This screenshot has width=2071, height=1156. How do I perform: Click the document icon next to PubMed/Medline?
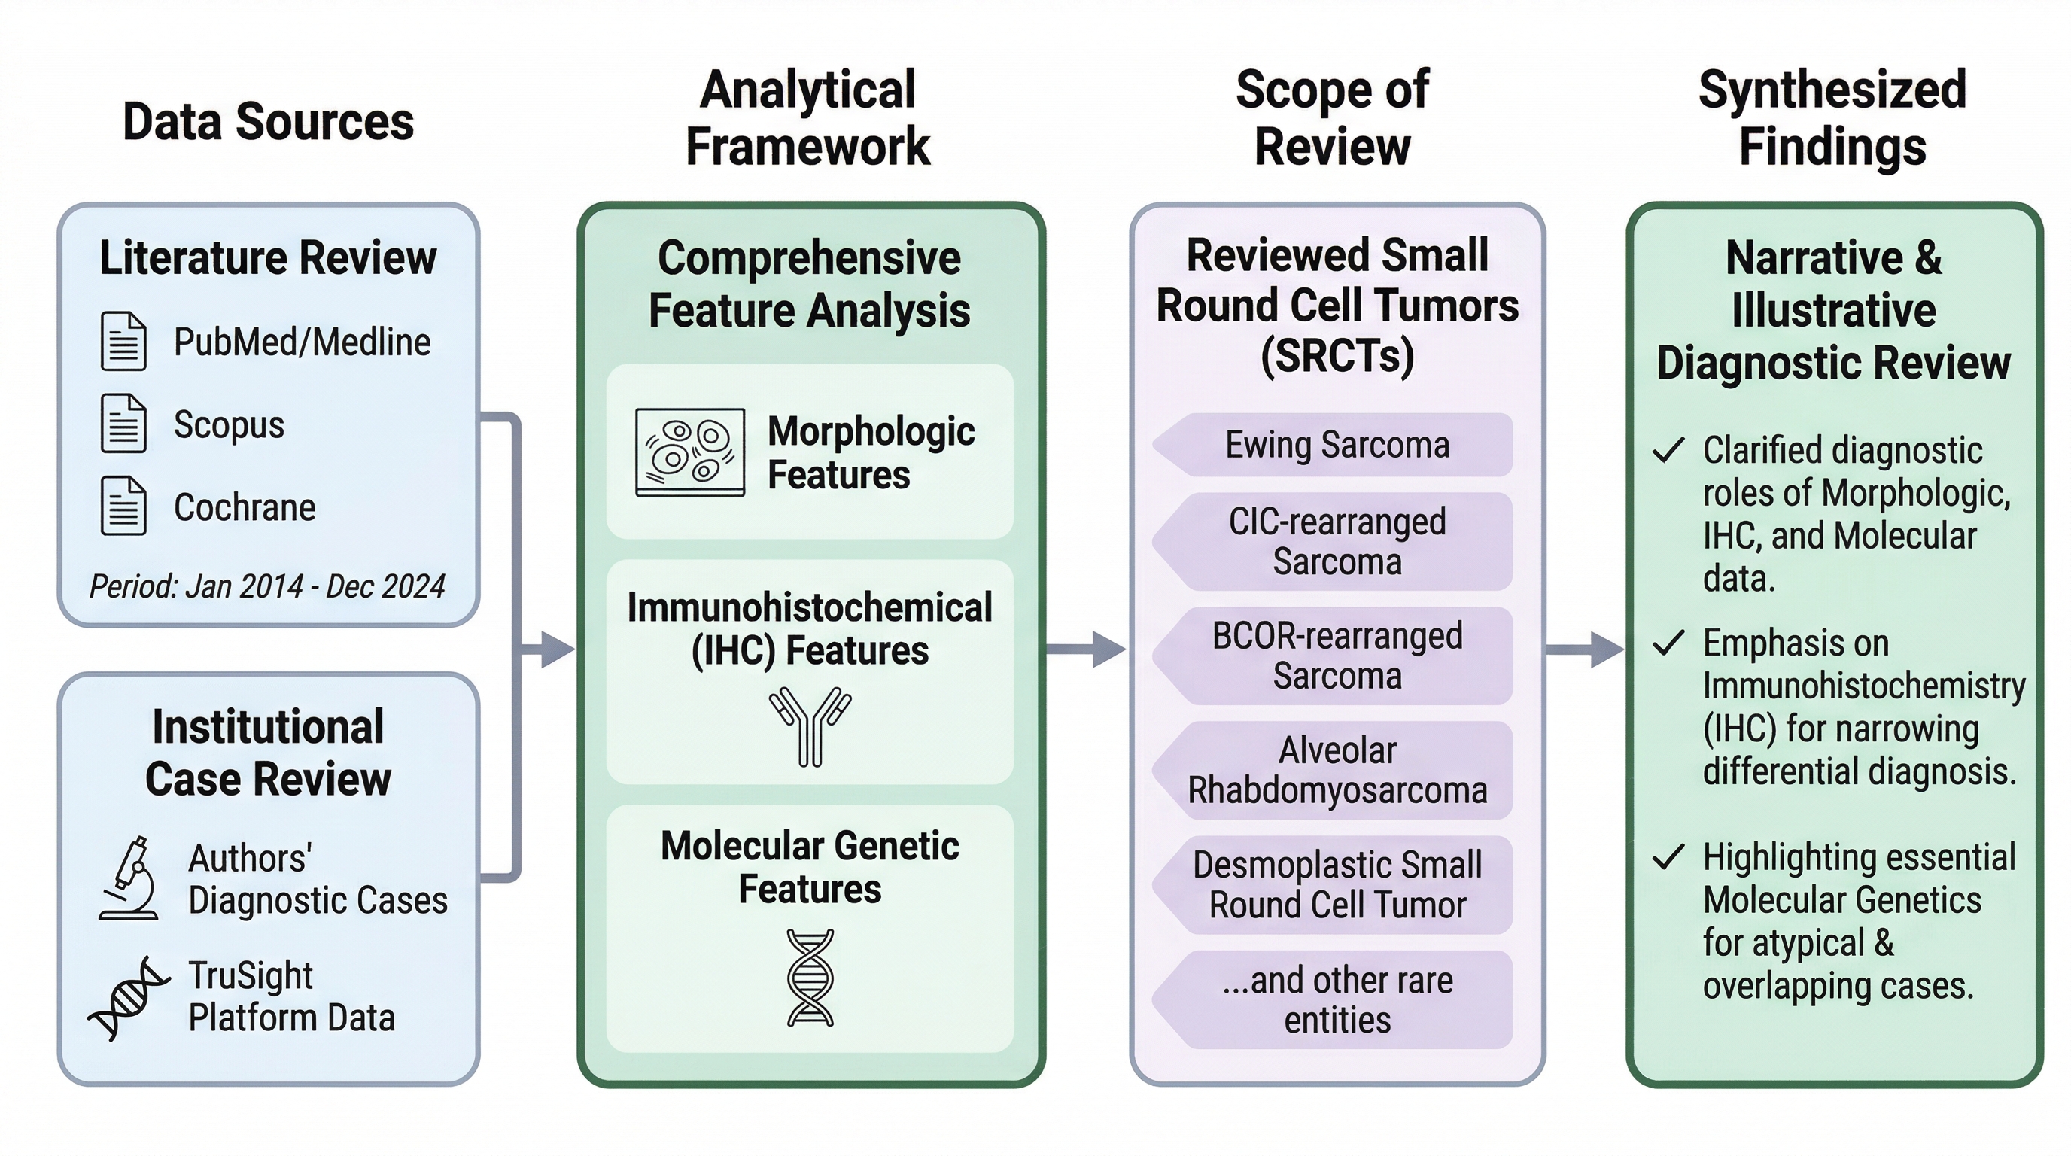pos(123,342)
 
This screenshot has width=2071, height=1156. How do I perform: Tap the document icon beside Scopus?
pos(123,424)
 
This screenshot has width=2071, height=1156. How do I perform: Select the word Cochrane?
pos(245,507)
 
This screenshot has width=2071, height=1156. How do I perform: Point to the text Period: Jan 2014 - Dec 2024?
pos(267,586)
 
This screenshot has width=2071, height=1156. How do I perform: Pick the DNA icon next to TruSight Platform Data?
pos(129,999)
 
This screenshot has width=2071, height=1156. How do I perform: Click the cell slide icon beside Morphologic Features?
pos(690,452)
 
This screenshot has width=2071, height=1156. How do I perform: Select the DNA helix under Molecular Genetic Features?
pos(810,978)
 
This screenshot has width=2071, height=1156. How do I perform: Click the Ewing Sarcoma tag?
pos(1337,445)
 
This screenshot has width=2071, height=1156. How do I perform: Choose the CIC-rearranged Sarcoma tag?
pos(1337,541)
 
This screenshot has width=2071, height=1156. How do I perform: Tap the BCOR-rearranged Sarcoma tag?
pos(1337,656)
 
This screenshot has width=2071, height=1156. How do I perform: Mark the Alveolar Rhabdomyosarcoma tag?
pos(1337,770)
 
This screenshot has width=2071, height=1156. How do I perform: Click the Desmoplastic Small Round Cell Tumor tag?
pos(1337,884)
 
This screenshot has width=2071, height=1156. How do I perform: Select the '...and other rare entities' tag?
pos(1337,999)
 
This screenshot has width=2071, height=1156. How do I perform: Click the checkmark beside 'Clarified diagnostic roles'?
pos(1668,450)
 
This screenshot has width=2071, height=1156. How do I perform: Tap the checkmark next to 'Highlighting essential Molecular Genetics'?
pos(1668,857)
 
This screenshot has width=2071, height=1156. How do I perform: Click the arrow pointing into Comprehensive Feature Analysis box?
pos(555,649)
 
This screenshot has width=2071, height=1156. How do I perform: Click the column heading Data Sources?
pos(268,122)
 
